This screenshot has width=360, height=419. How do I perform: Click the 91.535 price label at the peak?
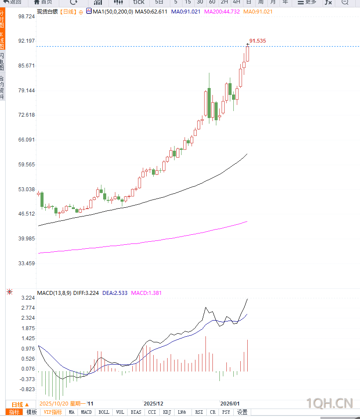pos(258,41)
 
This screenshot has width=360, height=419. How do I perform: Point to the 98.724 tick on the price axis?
pos(27,16)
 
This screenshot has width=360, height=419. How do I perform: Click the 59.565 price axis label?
pos(27,165)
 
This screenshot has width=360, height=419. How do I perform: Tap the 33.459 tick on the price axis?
pos(27,264)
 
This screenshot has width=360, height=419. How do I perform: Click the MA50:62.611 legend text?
pos(151,12)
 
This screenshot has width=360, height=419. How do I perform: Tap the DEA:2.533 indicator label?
pos(115,293)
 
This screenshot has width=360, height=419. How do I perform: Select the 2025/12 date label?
pos(153,404)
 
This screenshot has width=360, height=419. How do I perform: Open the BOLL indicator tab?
pos(104,412)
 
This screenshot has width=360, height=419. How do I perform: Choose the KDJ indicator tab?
pos(167,412)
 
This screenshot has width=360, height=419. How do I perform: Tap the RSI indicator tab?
pos(199,412)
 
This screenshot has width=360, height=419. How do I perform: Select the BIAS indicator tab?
pos(136,412)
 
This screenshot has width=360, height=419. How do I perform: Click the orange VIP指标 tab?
pos(53,412)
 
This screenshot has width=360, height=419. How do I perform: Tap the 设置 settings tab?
pos(242,412)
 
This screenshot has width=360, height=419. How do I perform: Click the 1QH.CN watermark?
pos(329,403)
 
